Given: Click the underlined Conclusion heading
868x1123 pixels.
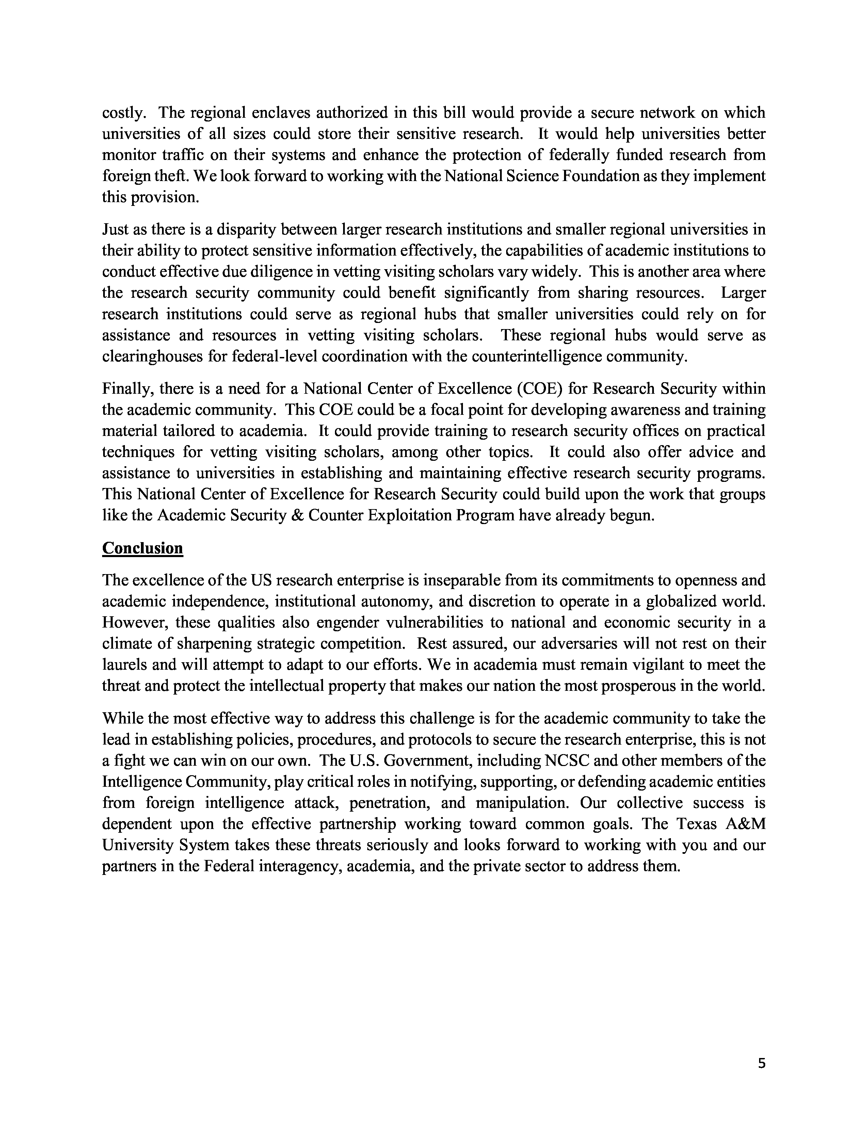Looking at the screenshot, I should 142,548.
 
